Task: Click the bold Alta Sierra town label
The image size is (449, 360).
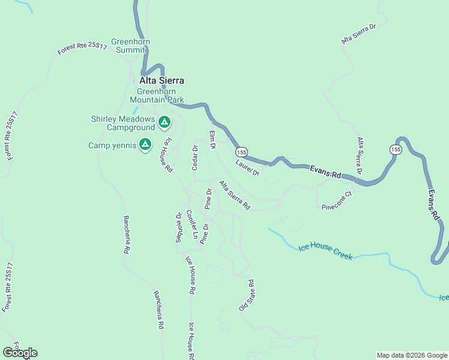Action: (161, 80)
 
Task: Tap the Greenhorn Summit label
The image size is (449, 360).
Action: (130, 46)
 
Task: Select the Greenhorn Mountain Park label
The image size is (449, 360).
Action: (157, 96)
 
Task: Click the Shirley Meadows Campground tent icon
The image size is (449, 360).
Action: (164, 123)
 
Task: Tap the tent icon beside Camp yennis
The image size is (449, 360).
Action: (145, 145)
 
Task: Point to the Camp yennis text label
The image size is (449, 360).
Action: (112, 145)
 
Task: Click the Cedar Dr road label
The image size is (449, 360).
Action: (194, 158)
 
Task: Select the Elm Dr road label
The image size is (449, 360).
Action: (212, 139)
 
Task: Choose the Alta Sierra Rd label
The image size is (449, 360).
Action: (235, 196)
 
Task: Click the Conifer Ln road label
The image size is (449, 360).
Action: (191, 224)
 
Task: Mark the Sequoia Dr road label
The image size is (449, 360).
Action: (178, 229)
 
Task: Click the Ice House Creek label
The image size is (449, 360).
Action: (325, 252)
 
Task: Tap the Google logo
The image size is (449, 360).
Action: (20, 353)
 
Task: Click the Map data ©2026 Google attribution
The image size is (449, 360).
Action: (412, 355)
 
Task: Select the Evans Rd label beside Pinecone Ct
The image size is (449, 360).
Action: (325, 172)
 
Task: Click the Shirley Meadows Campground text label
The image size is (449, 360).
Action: (122, 123)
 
